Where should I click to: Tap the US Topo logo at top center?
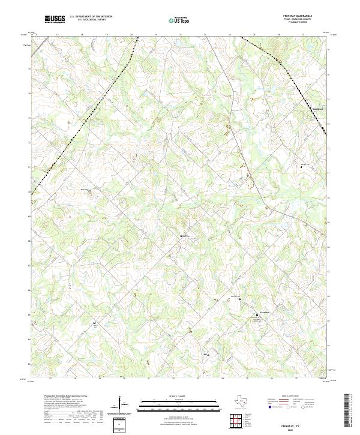pos(181,20)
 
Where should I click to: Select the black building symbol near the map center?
pos(182,236)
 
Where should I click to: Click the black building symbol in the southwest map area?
pos(95,324)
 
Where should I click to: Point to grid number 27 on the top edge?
pos(304,35)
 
